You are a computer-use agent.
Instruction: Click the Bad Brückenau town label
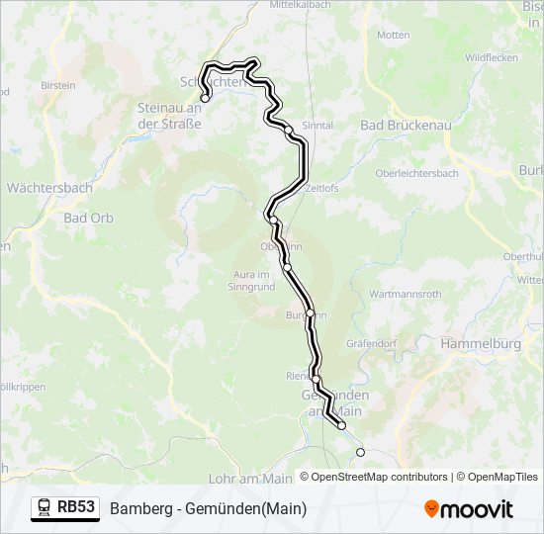(x=405, y=126)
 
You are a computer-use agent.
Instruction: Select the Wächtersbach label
(x=49, y=187)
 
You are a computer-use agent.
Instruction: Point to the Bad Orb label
(x=88, y=218)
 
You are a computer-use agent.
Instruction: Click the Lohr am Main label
(x=250, y=479)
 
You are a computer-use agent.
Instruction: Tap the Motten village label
(x=393, y=35)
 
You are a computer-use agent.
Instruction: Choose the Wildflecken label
(x=491, y=57)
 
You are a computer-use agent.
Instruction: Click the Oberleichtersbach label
(x=416, y=173)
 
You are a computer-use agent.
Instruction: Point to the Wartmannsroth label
(x=405, y=295)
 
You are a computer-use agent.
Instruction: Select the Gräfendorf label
(x=371, y=343)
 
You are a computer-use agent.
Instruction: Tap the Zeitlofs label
(x=322, y=187)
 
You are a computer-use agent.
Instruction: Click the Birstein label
(x=57, y=85)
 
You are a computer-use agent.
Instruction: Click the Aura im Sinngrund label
(x=250, y=280)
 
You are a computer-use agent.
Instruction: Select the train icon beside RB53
(x=44, y=508)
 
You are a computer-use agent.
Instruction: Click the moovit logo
(x=469, y=509)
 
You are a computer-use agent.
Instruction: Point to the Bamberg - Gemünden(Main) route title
(x=209, y=509)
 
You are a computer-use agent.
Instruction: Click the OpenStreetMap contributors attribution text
(x=379, y=477)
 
